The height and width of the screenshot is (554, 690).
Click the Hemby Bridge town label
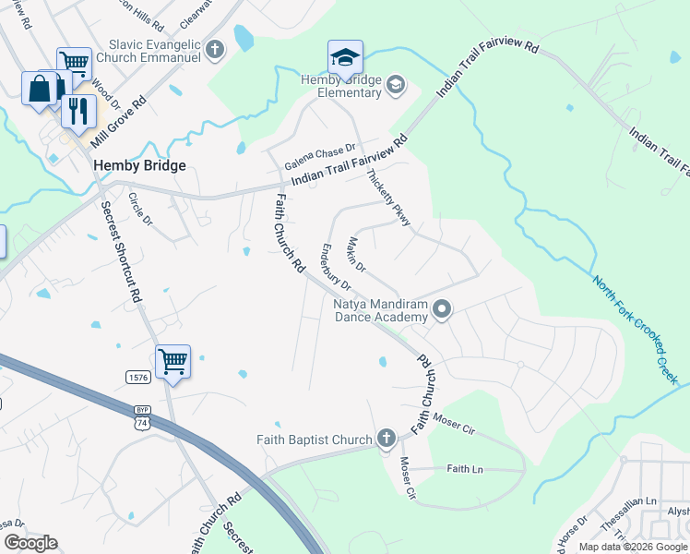pos(139,165)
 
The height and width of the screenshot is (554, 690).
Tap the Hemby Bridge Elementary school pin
pos(345,58)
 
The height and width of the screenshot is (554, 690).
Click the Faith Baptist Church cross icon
pos(387,440)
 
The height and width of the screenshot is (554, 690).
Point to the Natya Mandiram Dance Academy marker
pos(442,310)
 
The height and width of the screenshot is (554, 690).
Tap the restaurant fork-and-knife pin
pos(78,111)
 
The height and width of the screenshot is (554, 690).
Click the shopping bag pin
pos(41,90)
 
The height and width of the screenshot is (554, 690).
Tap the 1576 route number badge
pos(138,376)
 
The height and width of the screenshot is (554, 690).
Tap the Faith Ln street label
pos(465,469)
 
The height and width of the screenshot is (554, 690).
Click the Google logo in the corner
pos(30,543)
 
